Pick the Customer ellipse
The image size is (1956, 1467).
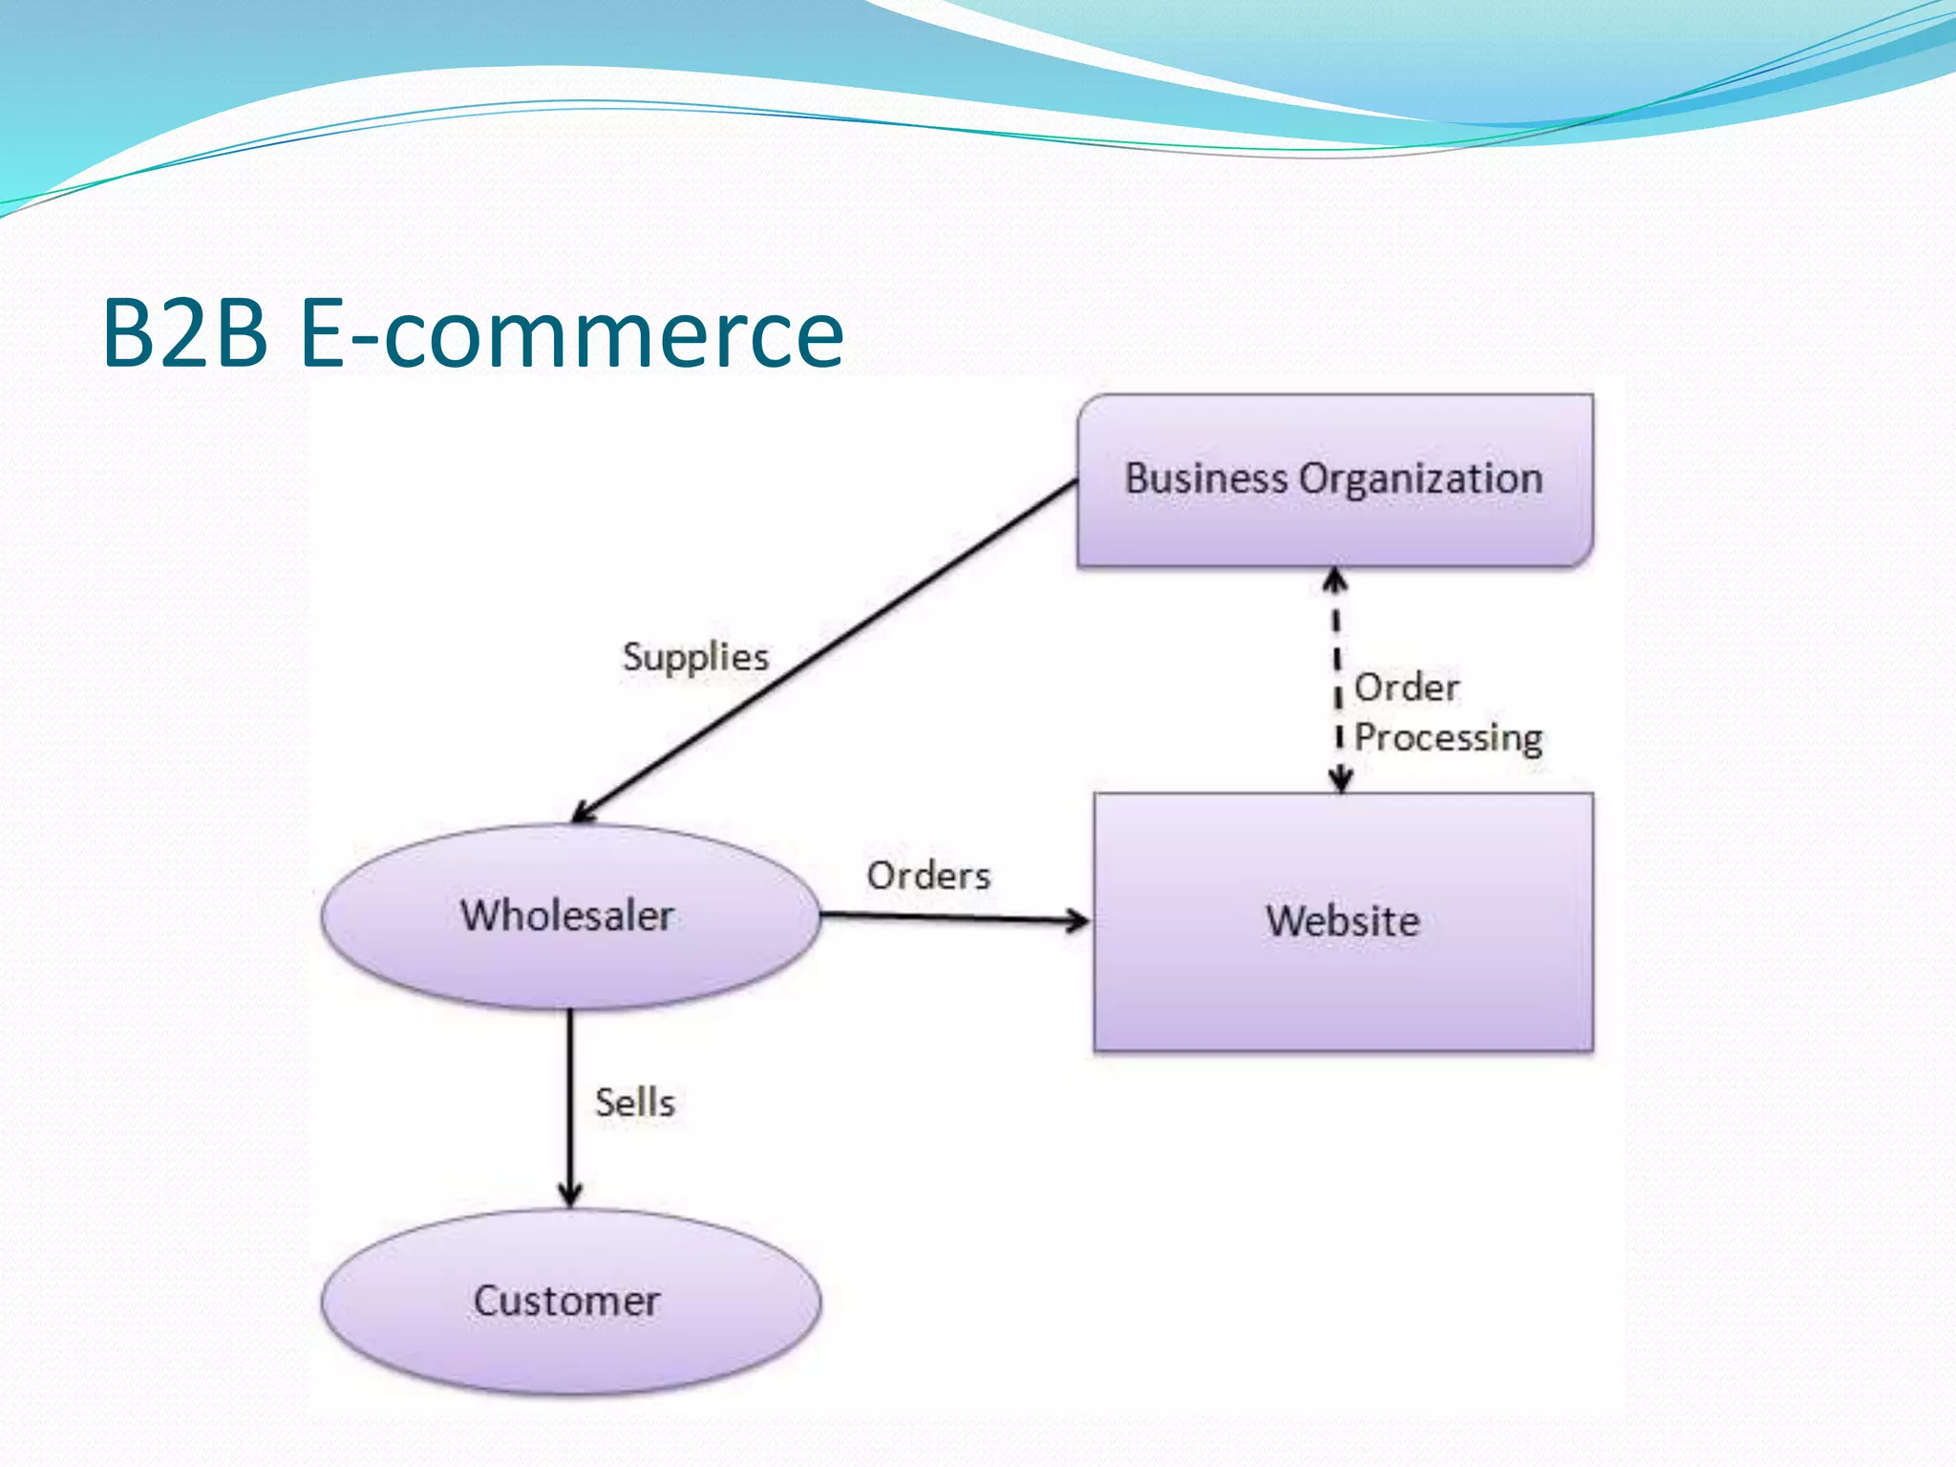570,1337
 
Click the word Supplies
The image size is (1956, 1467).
695,657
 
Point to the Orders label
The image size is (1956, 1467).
928,876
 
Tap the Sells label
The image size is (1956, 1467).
635,1103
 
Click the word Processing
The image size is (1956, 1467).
1448,738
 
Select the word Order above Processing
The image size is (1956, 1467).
1407,688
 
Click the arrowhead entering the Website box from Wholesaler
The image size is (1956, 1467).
1079,921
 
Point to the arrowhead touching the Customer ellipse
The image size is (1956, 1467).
570,1194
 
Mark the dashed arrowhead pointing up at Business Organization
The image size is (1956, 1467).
1335,579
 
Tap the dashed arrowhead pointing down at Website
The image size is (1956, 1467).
1341,780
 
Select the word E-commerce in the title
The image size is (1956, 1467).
571,333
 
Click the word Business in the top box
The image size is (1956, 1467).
1206,478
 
